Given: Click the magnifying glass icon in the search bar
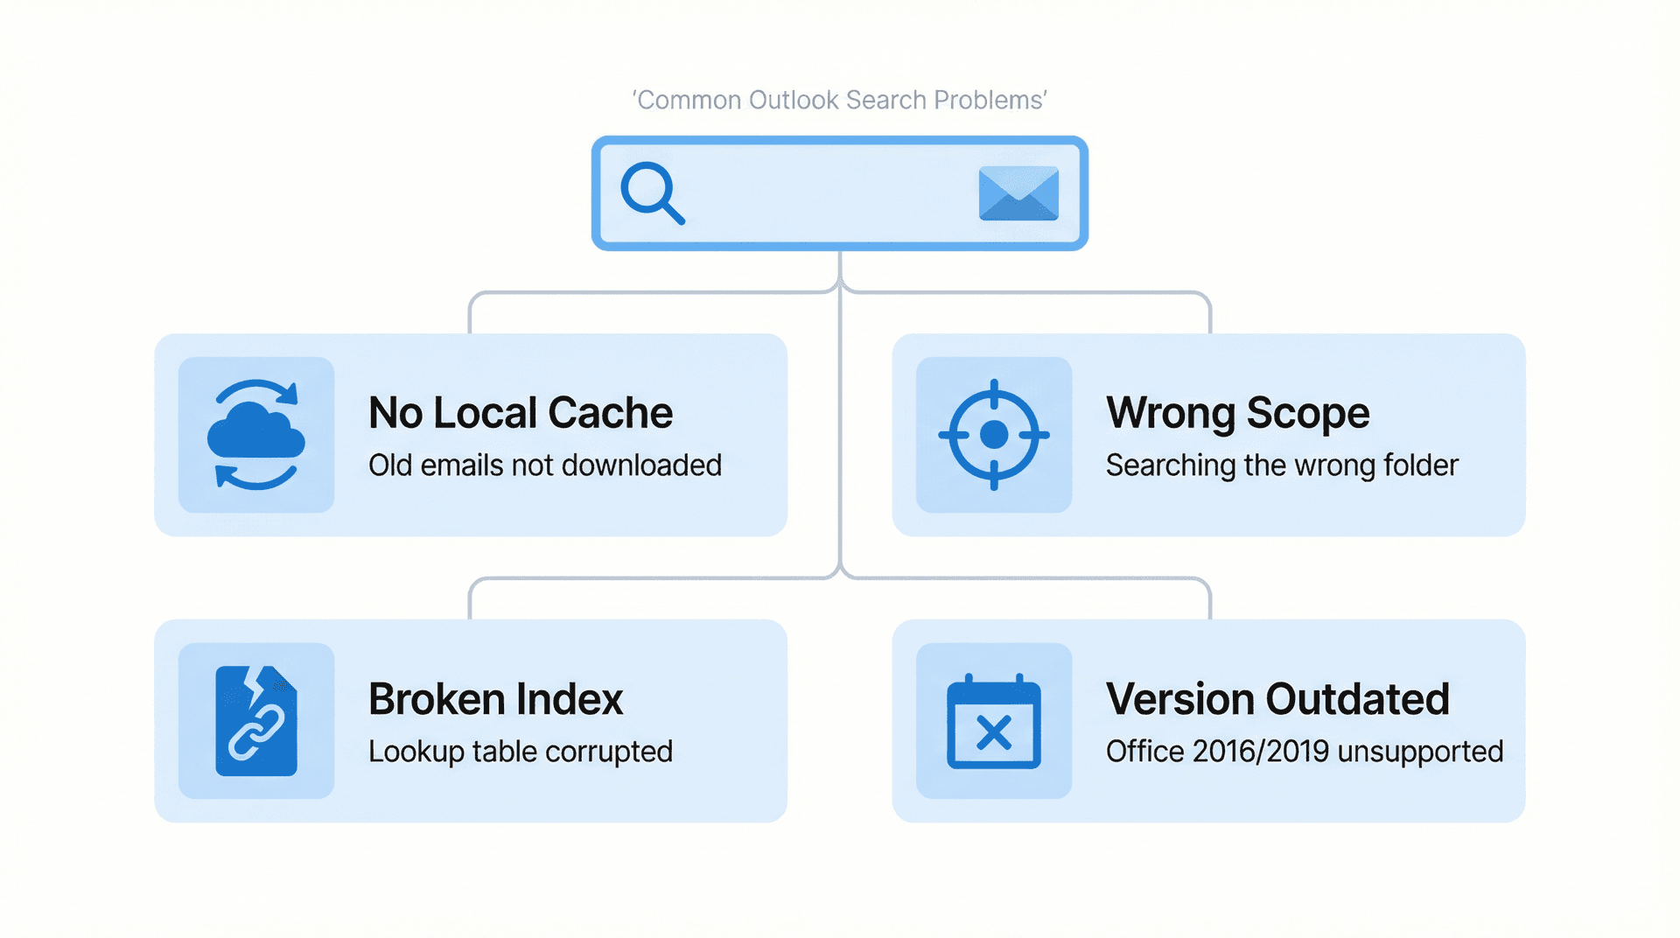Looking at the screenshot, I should pos(651,192).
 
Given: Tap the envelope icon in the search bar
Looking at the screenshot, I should pos(1018,193).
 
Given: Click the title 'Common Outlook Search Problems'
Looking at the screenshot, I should pos(839,100).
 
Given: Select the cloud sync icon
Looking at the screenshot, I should pos(255,434).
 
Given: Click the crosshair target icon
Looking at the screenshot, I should pos(993,434).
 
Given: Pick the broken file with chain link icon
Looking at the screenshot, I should pos(255,720).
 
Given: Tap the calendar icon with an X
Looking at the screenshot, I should pos(993,720).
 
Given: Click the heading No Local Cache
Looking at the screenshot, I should pos(520,412).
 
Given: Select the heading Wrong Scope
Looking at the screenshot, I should pos(1237,412).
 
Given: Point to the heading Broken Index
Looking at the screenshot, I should pos(495,699).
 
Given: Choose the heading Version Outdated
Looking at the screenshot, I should pos(1277,699).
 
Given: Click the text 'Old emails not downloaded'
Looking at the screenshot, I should pos(544,465).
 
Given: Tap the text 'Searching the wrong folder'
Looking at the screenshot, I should pos(1282,465).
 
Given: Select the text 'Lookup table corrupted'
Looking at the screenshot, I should pos(520,751).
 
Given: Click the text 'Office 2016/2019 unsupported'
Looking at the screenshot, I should pos(1304,751).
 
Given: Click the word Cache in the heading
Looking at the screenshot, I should pos(610,412).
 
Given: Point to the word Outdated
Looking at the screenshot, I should pos(1357,699).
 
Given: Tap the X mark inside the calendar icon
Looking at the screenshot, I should pos(993,732).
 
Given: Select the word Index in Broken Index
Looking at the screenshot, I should pos(570,699).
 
